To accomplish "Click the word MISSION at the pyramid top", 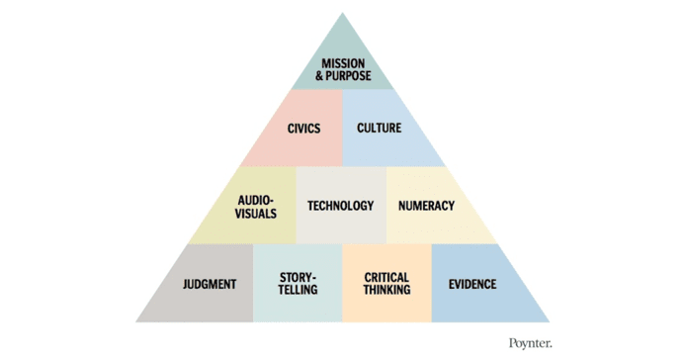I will click(344, 63).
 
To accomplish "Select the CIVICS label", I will click(303, 129).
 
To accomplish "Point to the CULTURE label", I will click(379, 129).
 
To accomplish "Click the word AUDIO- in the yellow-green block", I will click(257, 200).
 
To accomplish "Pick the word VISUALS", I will click(257, 213).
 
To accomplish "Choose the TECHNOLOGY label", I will click(341, 206).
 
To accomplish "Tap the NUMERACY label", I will click(426, 206).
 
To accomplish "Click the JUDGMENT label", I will click(210, 285).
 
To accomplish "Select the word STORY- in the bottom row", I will click(298, 278).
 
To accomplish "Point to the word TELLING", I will click(298, 291).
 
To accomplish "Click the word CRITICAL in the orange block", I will click(386, 278).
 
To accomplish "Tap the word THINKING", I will click(386, 291).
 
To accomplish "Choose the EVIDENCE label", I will click(472, 285).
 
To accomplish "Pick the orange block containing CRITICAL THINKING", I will click(386, 307).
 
